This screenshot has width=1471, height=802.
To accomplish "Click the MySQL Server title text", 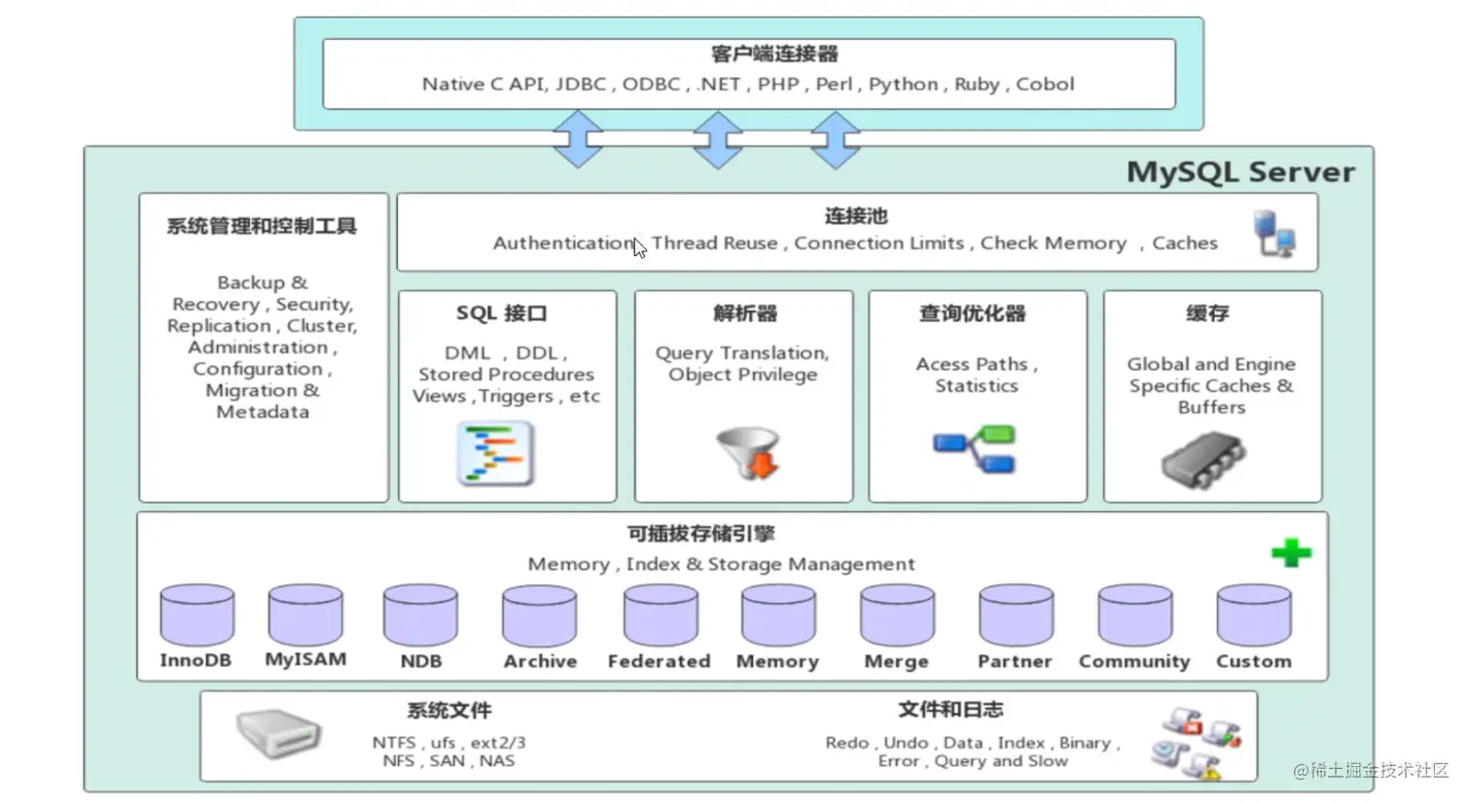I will click(x=1239, y=172).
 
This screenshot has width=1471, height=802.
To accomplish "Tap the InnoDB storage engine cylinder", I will click(x=197, y=615).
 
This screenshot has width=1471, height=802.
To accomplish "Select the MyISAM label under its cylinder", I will click(x=305, y=660).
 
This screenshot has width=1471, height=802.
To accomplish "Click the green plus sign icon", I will click(x=1291, y=553).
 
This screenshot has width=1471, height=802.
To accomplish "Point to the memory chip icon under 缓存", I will click(x=1202, y=459).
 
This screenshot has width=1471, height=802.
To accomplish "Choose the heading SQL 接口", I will click(x=501, y=313).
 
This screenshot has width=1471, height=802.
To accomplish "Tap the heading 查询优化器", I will click(x=972, y=313).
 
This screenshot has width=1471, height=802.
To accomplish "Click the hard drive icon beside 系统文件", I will click(x=278, y=733).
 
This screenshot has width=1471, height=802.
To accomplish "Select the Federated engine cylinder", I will click(x=661, y=615).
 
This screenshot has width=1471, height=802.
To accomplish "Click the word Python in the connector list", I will click(x=903, y=85).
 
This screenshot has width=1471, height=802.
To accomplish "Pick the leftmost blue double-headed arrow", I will click(x=578, y=139).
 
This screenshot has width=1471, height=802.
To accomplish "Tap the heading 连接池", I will click(x=855, y=216).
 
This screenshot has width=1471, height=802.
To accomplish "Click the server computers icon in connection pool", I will click(x=1274, y=234).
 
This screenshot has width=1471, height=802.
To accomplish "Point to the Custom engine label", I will click(x=1253, y=661).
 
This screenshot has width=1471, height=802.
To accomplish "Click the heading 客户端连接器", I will click(x=774, y=55).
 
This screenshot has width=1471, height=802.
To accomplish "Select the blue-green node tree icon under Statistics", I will click(x=974, y=450).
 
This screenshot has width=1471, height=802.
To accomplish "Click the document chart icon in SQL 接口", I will click(x=496, y=454).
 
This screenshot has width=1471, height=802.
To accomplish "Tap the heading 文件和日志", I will click(x=951, y=710).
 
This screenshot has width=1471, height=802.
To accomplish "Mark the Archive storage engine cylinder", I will click(x=540, y=615).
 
